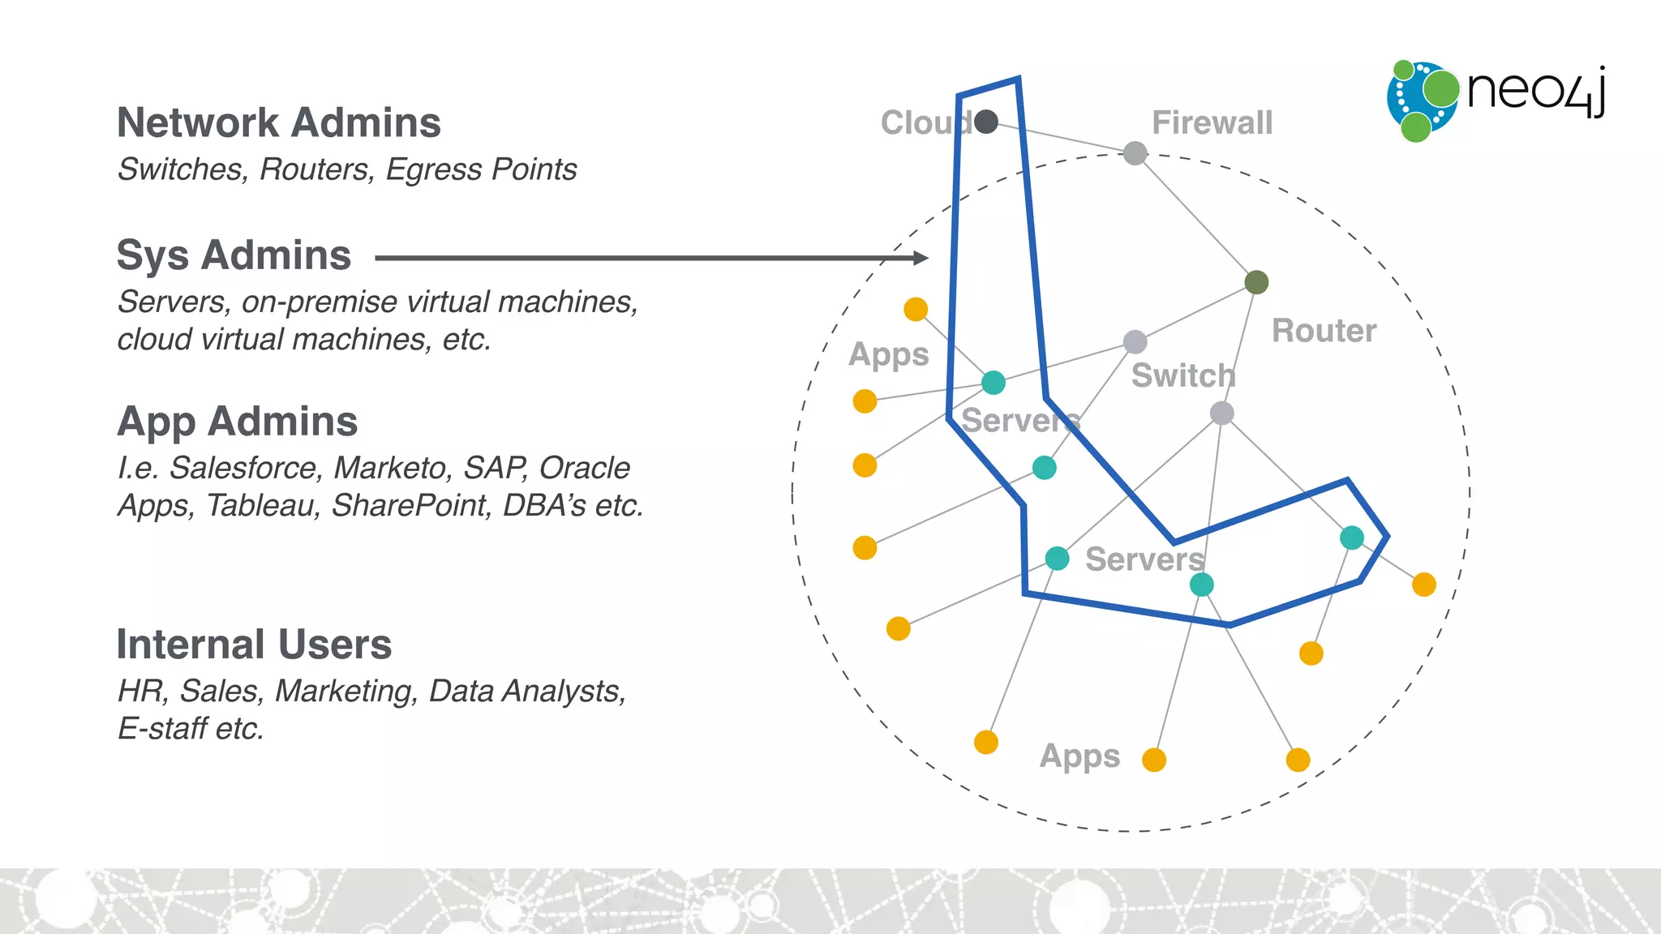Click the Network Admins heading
[278, 123]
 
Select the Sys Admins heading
[234, 255]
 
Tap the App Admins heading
[237, 422]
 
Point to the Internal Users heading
[254, 645]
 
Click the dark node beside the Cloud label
[986, 122]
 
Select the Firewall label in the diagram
[1212, 123]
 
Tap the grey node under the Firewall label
[1135, 152]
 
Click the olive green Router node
[1256, 282]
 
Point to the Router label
[1324, 331]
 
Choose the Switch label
[1182, 376]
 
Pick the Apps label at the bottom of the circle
[1079, 756]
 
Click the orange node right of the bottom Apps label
[1154, 760]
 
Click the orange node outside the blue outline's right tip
[1424, 585]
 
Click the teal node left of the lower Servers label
[1057, 558]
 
